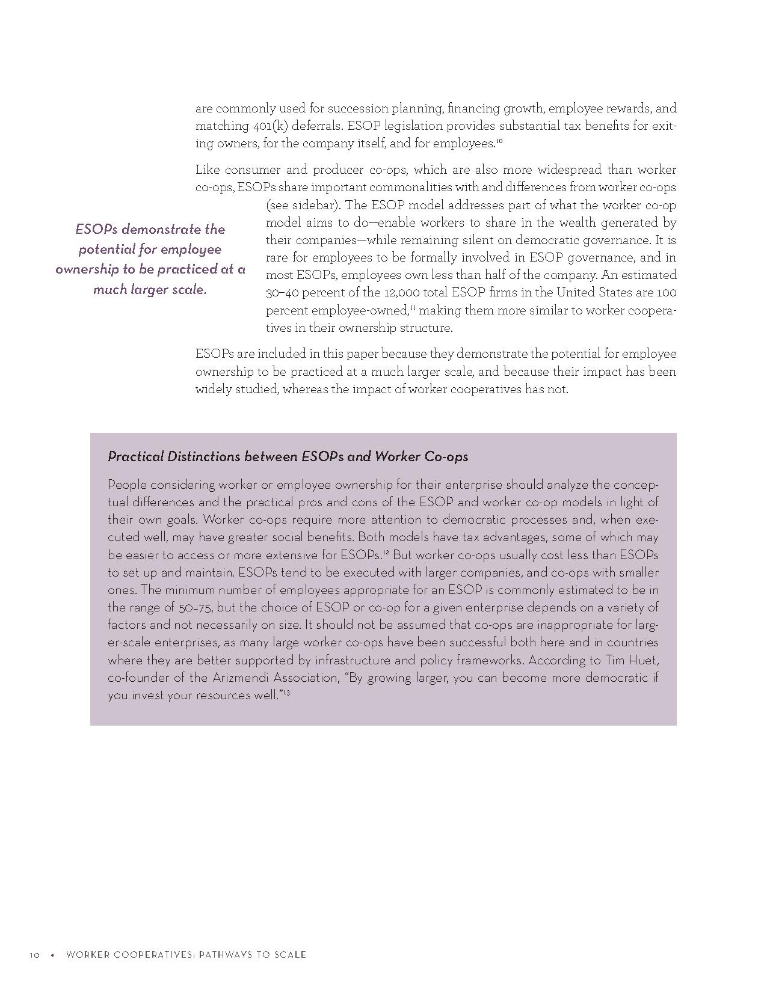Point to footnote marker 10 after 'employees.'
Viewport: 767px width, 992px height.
[x=499, y=141]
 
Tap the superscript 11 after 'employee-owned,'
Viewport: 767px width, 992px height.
[x=413, y=308]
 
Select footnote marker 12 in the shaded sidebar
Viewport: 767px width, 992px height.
[x=386, y=552]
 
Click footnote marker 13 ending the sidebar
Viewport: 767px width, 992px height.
[x=287, y=693]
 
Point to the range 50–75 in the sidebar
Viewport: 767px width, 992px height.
[x=194, y=607]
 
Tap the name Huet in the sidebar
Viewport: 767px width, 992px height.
[x=643, y=660]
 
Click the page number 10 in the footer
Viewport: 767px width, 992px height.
[x=34, y=955]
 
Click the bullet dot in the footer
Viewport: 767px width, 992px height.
[x=52, y=955]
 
